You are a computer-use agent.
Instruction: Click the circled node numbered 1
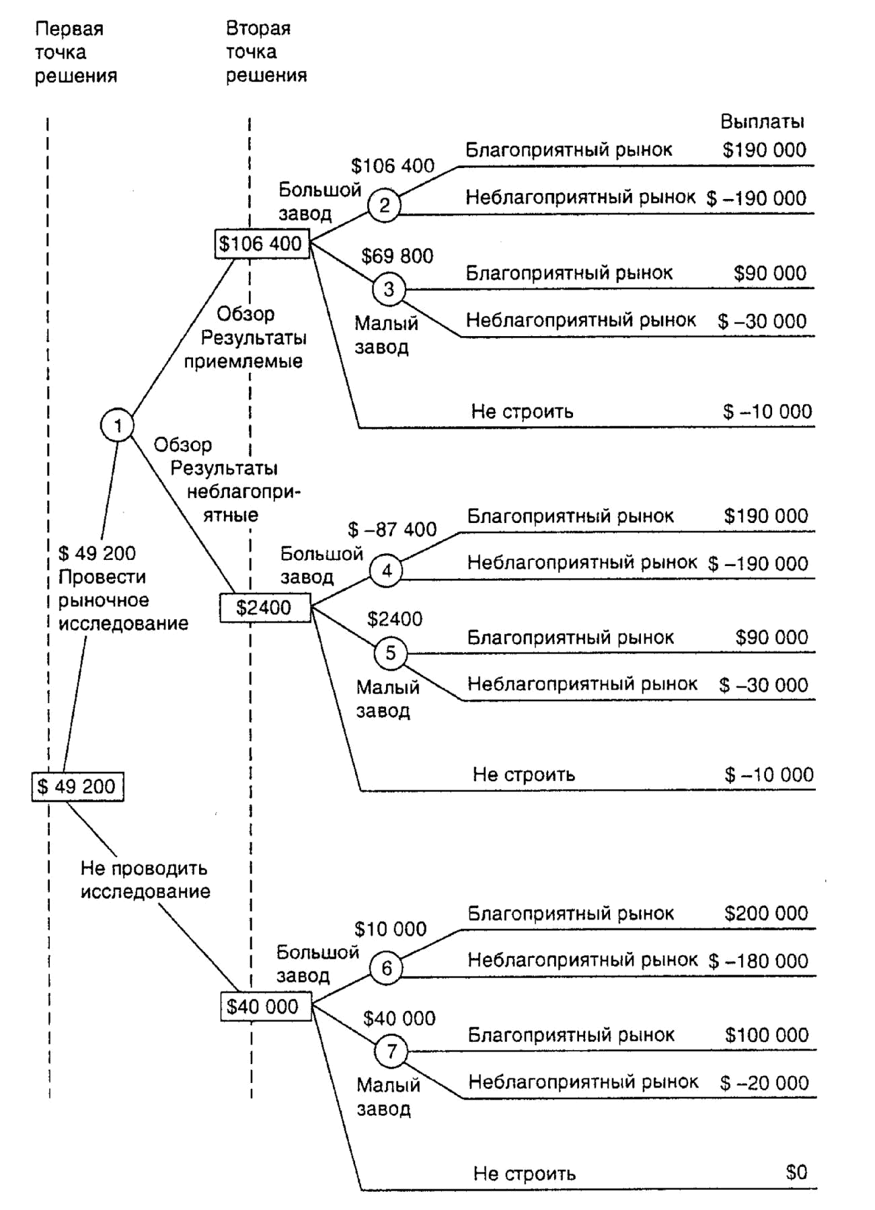117,426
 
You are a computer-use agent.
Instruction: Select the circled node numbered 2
385,205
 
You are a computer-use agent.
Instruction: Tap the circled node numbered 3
389,289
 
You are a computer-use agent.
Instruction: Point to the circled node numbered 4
387,571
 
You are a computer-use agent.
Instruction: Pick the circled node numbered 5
390,653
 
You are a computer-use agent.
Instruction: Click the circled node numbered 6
386,969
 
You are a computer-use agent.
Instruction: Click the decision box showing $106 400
262,243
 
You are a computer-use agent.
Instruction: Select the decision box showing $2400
265,608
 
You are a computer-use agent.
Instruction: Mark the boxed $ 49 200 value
78,787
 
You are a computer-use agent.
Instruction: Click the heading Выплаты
763,122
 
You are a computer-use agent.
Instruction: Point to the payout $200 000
766,914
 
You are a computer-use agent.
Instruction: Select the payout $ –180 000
758,961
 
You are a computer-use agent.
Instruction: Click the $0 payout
796,1172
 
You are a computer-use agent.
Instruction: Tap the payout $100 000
767,1035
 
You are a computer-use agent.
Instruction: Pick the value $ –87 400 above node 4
392,530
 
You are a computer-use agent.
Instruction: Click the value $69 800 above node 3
397,256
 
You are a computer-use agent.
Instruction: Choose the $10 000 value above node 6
390,930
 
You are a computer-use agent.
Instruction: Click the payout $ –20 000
764,1083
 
